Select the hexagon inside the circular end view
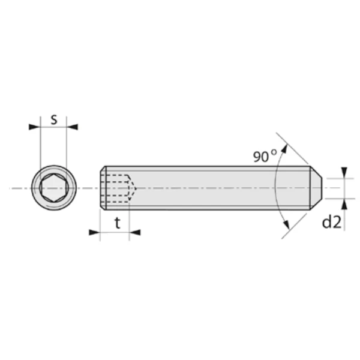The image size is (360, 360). coord(53,188)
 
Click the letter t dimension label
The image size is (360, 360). coord(118,223)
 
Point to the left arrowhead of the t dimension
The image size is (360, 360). coord(94,232)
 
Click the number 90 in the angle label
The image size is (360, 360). coord(261,157)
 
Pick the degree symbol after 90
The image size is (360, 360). coord(274,153)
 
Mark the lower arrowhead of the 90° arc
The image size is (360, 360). coord(284,227)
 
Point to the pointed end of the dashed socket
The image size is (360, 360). coord(135,188)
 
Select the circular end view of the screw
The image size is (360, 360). coord(53,188)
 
